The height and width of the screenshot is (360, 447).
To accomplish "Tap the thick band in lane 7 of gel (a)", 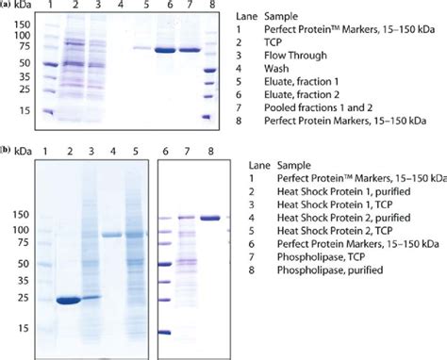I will tap(190, 50).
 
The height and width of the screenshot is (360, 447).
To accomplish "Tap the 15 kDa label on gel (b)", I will tap(21, 330).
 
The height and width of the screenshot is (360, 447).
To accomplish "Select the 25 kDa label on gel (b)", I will tap(21, 300).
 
